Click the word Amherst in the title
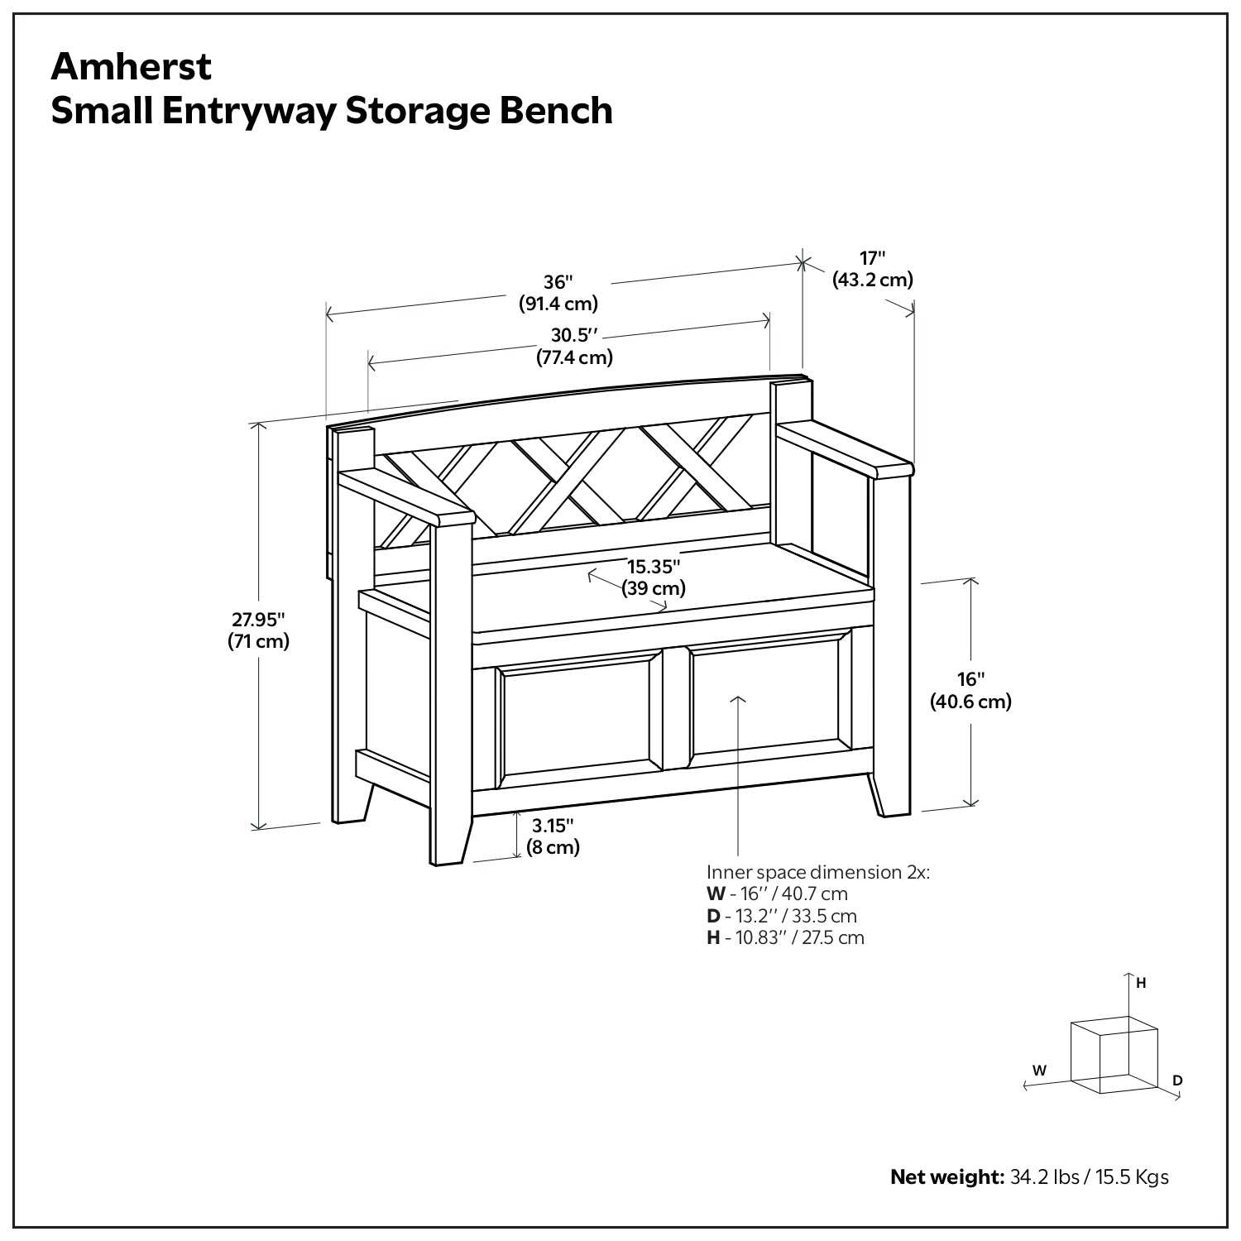click(132, 67)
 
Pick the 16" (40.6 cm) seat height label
click(970, 691)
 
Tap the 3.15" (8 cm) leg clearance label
click(553, 836)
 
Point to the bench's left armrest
click(405, 497)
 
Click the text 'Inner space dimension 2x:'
click(817, 873)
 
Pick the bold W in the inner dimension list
click(714, 894)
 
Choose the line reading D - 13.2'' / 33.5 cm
click(781, 916)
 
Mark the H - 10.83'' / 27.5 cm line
click(784, 937)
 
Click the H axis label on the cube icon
click(1141, 983)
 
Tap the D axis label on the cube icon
click(1177, 1080)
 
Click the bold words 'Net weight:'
click(946, 1176)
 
